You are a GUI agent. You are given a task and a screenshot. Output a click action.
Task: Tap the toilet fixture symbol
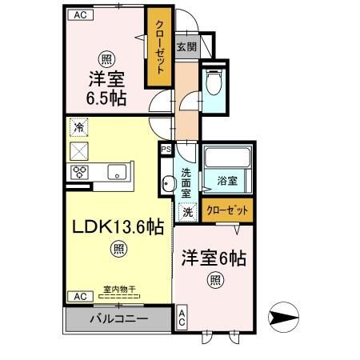coord(214,82)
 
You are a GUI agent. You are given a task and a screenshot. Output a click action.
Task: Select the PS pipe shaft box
coord(166,149)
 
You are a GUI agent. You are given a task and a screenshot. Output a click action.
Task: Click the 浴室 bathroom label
coord(228,182)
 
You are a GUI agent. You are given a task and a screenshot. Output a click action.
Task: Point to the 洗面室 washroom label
coord(186,182)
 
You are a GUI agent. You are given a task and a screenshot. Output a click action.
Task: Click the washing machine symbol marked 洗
coord(186,213)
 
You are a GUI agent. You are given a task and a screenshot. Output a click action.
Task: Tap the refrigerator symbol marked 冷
coord(79,126)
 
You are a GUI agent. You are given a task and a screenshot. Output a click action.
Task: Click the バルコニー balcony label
coord(118,318)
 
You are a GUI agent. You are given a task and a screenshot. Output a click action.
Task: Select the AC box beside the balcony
coord(79,296)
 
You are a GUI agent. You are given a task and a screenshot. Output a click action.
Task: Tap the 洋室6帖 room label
coord(214,258)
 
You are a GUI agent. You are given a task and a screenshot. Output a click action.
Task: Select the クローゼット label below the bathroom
coord(227,211)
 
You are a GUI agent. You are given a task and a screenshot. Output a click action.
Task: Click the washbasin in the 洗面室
coord(167,184)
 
